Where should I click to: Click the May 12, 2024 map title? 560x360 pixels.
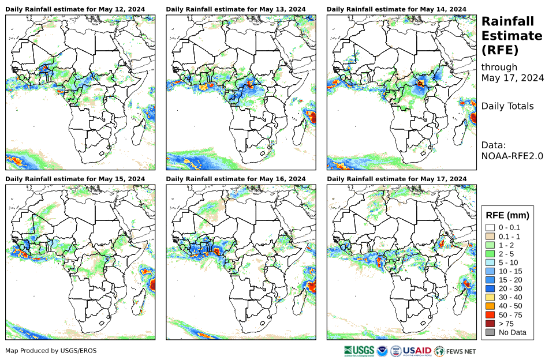(75, 9)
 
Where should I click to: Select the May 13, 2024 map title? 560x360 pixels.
(236, 9)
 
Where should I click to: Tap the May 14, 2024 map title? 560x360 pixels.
(397, 9)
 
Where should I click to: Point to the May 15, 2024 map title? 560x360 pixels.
(75, 179)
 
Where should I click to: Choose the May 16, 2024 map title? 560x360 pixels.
(236, 179)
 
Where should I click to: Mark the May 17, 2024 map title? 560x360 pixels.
(397, 179)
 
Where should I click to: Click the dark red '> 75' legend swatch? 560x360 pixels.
(490, 324)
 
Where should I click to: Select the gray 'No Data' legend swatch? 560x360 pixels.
(490, 332)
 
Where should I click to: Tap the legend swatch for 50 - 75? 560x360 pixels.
(490, 315)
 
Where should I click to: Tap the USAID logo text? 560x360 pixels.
(417, 351)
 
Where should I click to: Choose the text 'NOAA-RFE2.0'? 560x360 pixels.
(512, 155)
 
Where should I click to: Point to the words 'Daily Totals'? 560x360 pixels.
(507, 106)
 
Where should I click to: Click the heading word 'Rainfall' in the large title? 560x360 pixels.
(507, 21)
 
